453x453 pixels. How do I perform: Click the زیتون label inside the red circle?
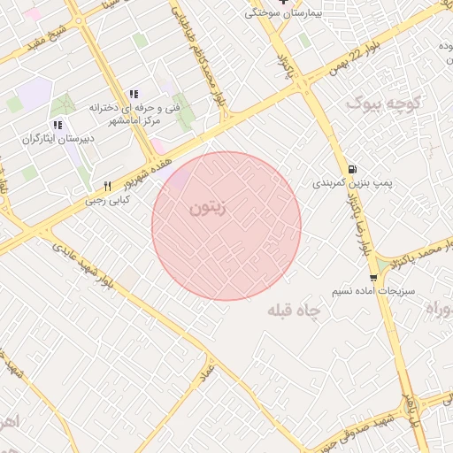point(209,209)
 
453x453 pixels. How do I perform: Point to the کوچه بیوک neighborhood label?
point(380,104)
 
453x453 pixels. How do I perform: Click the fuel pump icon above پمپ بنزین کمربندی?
point(353,169)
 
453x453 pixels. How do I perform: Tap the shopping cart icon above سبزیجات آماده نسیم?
point(373,278)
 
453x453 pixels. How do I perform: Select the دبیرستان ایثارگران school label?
point(57,140)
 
